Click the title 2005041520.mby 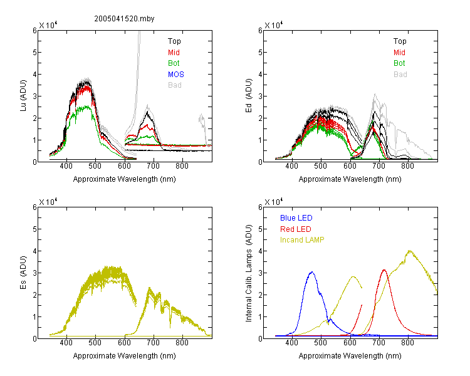124,19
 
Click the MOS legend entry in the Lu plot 176,75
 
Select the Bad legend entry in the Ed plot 400,75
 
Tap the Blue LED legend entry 296,218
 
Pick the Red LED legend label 296,229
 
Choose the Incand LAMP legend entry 302,240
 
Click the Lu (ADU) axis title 23,95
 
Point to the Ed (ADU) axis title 249,96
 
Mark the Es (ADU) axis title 23,272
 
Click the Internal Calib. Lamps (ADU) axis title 249,273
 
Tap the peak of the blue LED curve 312,272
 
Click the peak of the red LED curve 384,270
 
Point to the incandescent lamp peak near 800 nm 409,251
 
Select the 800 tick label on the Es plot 182,343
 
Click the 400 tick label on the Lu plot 66,166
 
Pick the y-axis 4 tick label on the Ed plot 260,74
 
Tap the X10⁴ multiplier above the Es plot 48,202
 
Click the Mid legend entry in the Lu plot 174,53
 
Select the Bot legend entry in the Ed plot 399,63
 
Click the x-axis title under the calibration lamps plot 350,356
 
